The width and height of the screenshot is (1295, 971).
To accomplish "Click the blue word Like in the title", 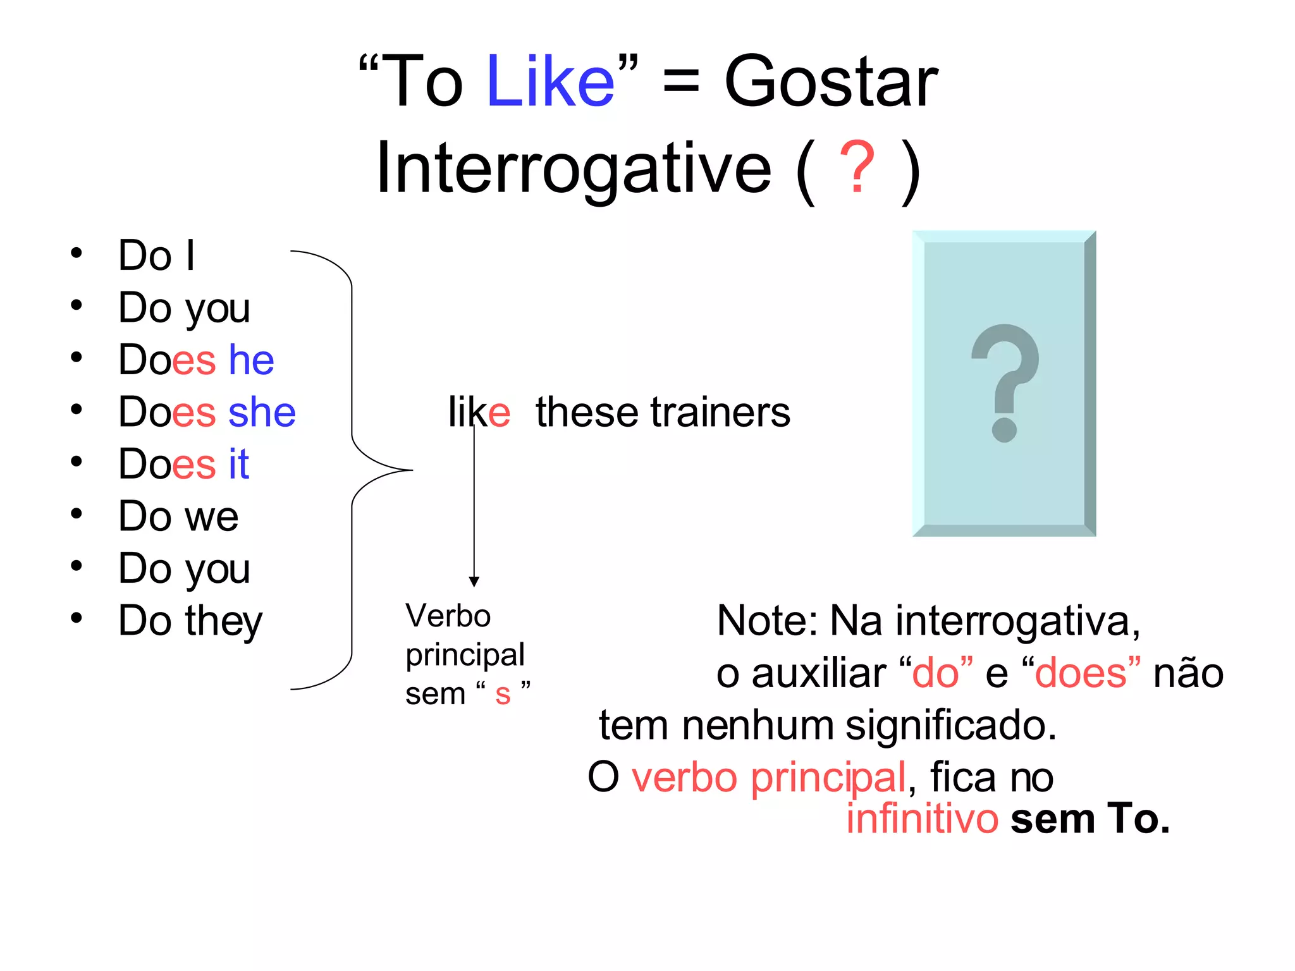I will point(550,82).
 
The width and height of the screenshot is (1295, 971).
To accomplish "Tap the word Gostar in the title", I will point(830,82).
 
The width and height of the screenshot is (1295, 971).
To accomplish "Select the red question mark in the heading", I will point(857,168).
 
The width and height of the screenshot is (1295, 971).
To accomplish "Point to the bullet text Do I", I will point(156,256).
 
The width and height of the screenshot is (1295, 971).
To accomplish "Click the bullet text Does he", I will point(196,360).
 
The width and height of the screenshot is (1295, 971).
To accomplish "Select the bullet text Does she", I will point(207,412).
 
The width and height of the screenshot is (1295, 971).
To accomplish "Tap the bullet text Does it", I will point(183,465).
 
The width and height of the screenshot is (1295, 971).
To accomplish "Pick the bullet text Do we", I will point(178,516).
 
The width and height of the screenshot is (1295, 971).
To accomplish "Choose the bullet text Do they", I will point(190,621).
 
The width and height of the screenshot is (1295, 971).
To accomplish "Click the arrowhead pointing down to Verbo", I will point(474,582).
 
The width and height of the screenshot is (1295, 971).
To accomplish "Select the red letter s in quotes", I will point(503,694).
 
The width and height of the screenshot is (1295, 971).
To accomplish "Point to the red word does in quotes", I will point(1081,673).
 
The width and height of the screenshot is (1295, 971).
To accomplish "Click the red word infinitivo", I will point(922,819).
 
